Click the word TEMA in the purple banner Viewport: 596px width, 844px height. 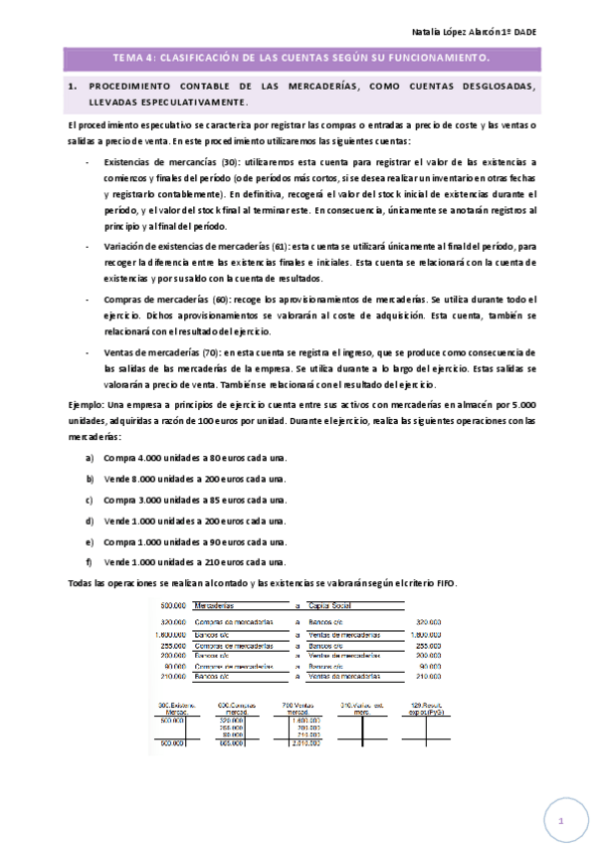coord(128,58)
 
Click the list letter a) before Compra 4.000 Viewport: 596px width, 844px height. coord(90,457)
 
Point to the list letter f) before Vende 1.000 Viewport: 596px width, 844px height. coord(90,561)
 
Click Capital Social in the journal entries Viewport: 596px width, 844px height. coord(333,605)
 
